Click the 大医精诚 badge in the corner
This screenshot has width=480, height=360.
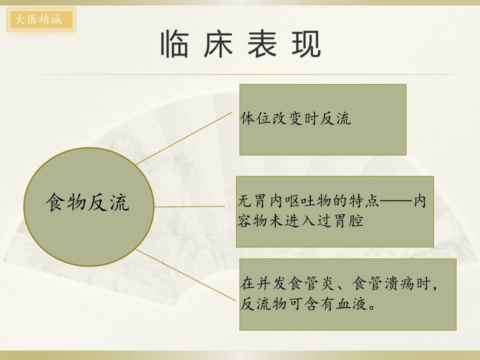pyautogui.click(x=41, y=20)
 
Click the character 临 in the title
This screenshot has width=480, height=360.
pyautogui.click(x=174, y=44)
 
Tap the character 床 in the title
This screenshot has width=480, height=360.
pyautogui.click(x=218, y=44)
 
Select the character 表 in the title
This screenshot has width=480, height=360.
pyautogui.click(x=262, y=44)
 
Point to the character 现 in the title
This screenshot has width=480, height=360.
pyautogui.click(x=306, y=44)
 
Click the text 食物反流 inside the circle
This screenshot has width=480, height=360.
pyautogui.click(x=87, y=202)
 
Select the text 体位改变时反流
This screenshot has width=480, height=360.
pyautogui.click(x=295, y=118)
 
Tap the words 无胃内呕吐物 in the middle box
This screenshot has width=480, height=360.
pyautogui.click(x=284, y=201)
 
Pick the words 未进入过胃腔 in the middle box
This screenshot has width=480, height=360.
pyautogui.click(x=316, y=221)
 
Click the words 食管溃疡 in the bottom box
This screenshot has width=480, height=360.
pyautogui.click(x=383, y=283)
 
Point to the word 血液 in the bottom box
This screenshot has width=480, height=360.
pyautogui.click(x=351, y=304)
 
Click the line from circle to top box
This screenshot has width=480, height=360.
pyautogui.click(x=184, y=138)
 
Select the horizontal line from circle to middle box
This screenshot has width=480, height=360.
pyautogui.click(x=189, y=206)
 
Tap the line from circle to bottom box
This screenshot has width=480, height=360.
pyautogui.click(x=186, y=274)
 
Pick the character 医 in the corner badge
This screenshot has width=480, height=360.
pyautogui.click(x=32, y=19)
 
